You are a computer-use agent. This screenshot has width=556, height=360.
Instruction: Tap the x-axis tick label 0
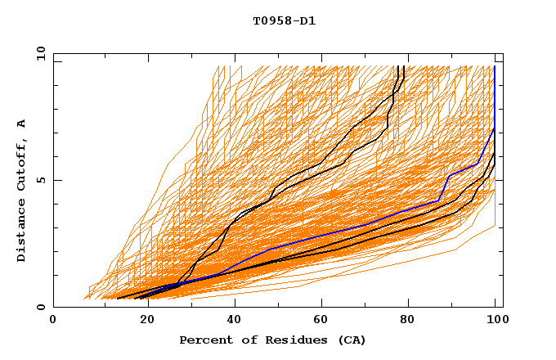coord(53,320)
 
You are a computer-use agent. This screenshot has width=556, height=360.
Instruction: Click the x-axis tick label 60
coord(323,320)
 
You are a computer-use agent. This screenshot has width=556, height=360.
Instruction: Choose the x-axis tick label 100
coord(495,320)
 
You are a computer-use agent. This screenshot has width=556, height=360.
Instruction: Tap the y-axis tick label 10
coord(39,53)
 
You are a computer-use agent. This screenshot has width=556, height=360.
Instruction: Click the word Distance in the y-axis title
coord(22,236)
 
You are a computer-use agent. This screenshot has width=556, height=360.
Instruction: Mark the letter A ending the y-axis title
coord(22,124)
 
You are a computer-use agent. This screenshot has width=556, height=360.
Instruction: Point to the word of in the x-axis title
coord(241,340)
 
